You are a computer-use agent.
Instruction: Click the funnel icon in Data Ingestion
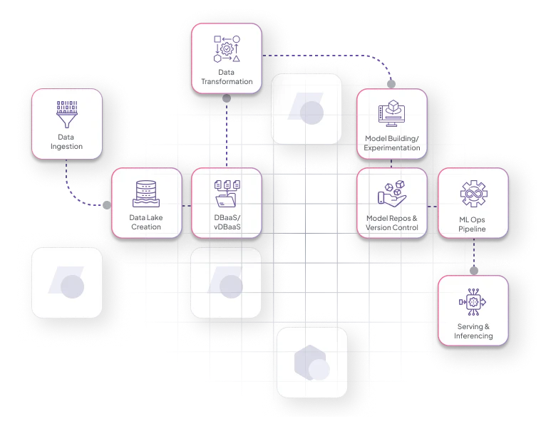(67, 114)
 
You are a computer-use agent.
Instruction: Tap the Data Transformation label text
(227, 77)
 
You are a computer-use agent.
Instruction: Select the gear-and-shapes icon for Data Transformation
(227, 49)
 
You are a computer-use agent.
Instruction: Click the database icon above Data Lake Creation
(146, 194)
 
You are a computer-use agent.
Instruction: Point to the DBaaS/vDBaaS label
(227, 222)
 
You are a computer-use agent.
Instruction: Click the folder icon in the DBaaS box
(227, 194)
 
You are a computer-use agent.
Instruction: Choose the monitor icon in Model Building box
(391, 113)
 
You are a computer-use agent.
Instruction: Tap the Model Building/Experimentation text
(392, 143)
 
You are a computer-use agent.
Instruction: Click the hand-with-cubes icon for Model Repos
(392, 194)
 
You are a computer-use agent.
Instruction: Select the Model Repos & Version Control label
(392, 223)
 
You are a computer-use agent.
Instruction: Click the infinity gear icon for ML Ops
(474, 194)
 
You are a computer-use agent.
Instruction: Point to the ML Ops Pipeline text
(472, 224)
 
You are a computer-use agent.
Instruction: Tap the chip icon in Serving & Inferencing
(473, 302)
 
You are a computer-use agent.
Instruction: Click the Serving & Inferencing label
(473, 331)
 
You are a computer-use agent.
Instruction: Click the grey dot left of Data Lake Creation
(107, 205)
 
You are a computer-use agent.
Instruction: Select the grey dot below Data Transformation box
(227, 98)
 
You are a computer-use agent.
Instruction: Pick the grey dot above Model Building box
(391, 84)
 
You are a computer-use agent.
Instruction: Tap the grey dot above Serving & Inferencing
(474, 271)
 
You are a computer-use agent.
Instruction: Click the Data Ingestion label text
(66, 142)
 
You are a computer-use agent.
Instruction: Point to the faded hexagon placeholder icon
(310, 363)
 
